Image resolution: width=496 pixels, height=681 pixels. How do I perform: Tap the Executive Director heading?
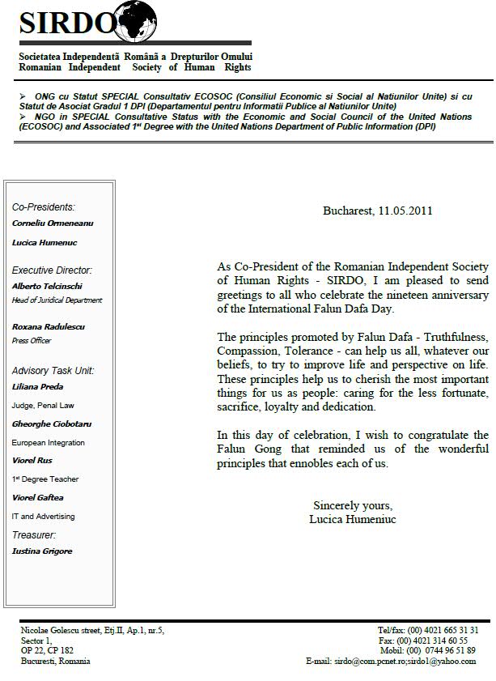(x=53, y=270)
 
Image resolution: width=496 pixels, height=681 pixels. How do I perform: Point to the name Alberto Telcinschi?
(x=47, y=286)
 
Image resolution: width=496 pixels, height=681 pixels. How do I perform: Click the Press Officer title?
(x=32, y=341)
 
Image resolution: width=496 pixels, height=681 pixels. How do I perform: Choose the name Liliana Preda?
(x=37, y=386)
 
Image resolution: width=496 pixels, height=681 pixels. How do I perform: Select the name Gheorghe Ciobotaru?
(x=49, y=423)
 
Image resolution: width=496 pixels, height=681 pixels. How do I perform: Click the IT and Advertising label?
(x=43, y=516)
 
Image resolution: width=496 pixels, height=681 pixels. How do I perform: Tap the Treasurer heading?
(x=34, y=534)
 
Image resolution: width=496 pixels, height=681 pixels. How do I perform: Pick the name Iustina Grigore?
(x=42, y=551)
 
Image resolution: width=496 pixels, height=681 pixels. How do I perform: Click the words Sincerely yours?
(x=353, y=505)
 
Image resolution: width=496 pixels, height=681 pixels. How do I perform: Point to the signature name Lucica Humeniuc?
(x=353, y=519)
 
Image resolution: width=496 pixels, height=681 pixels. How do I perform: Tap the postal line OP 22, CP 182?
(x=48, y=650)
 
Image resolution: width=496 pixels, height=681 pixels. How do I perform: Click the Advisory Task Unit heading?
(x=53, y=371)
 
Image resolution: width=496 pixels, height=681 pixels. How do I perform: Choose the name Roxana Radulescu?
(x=49, y=326)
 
